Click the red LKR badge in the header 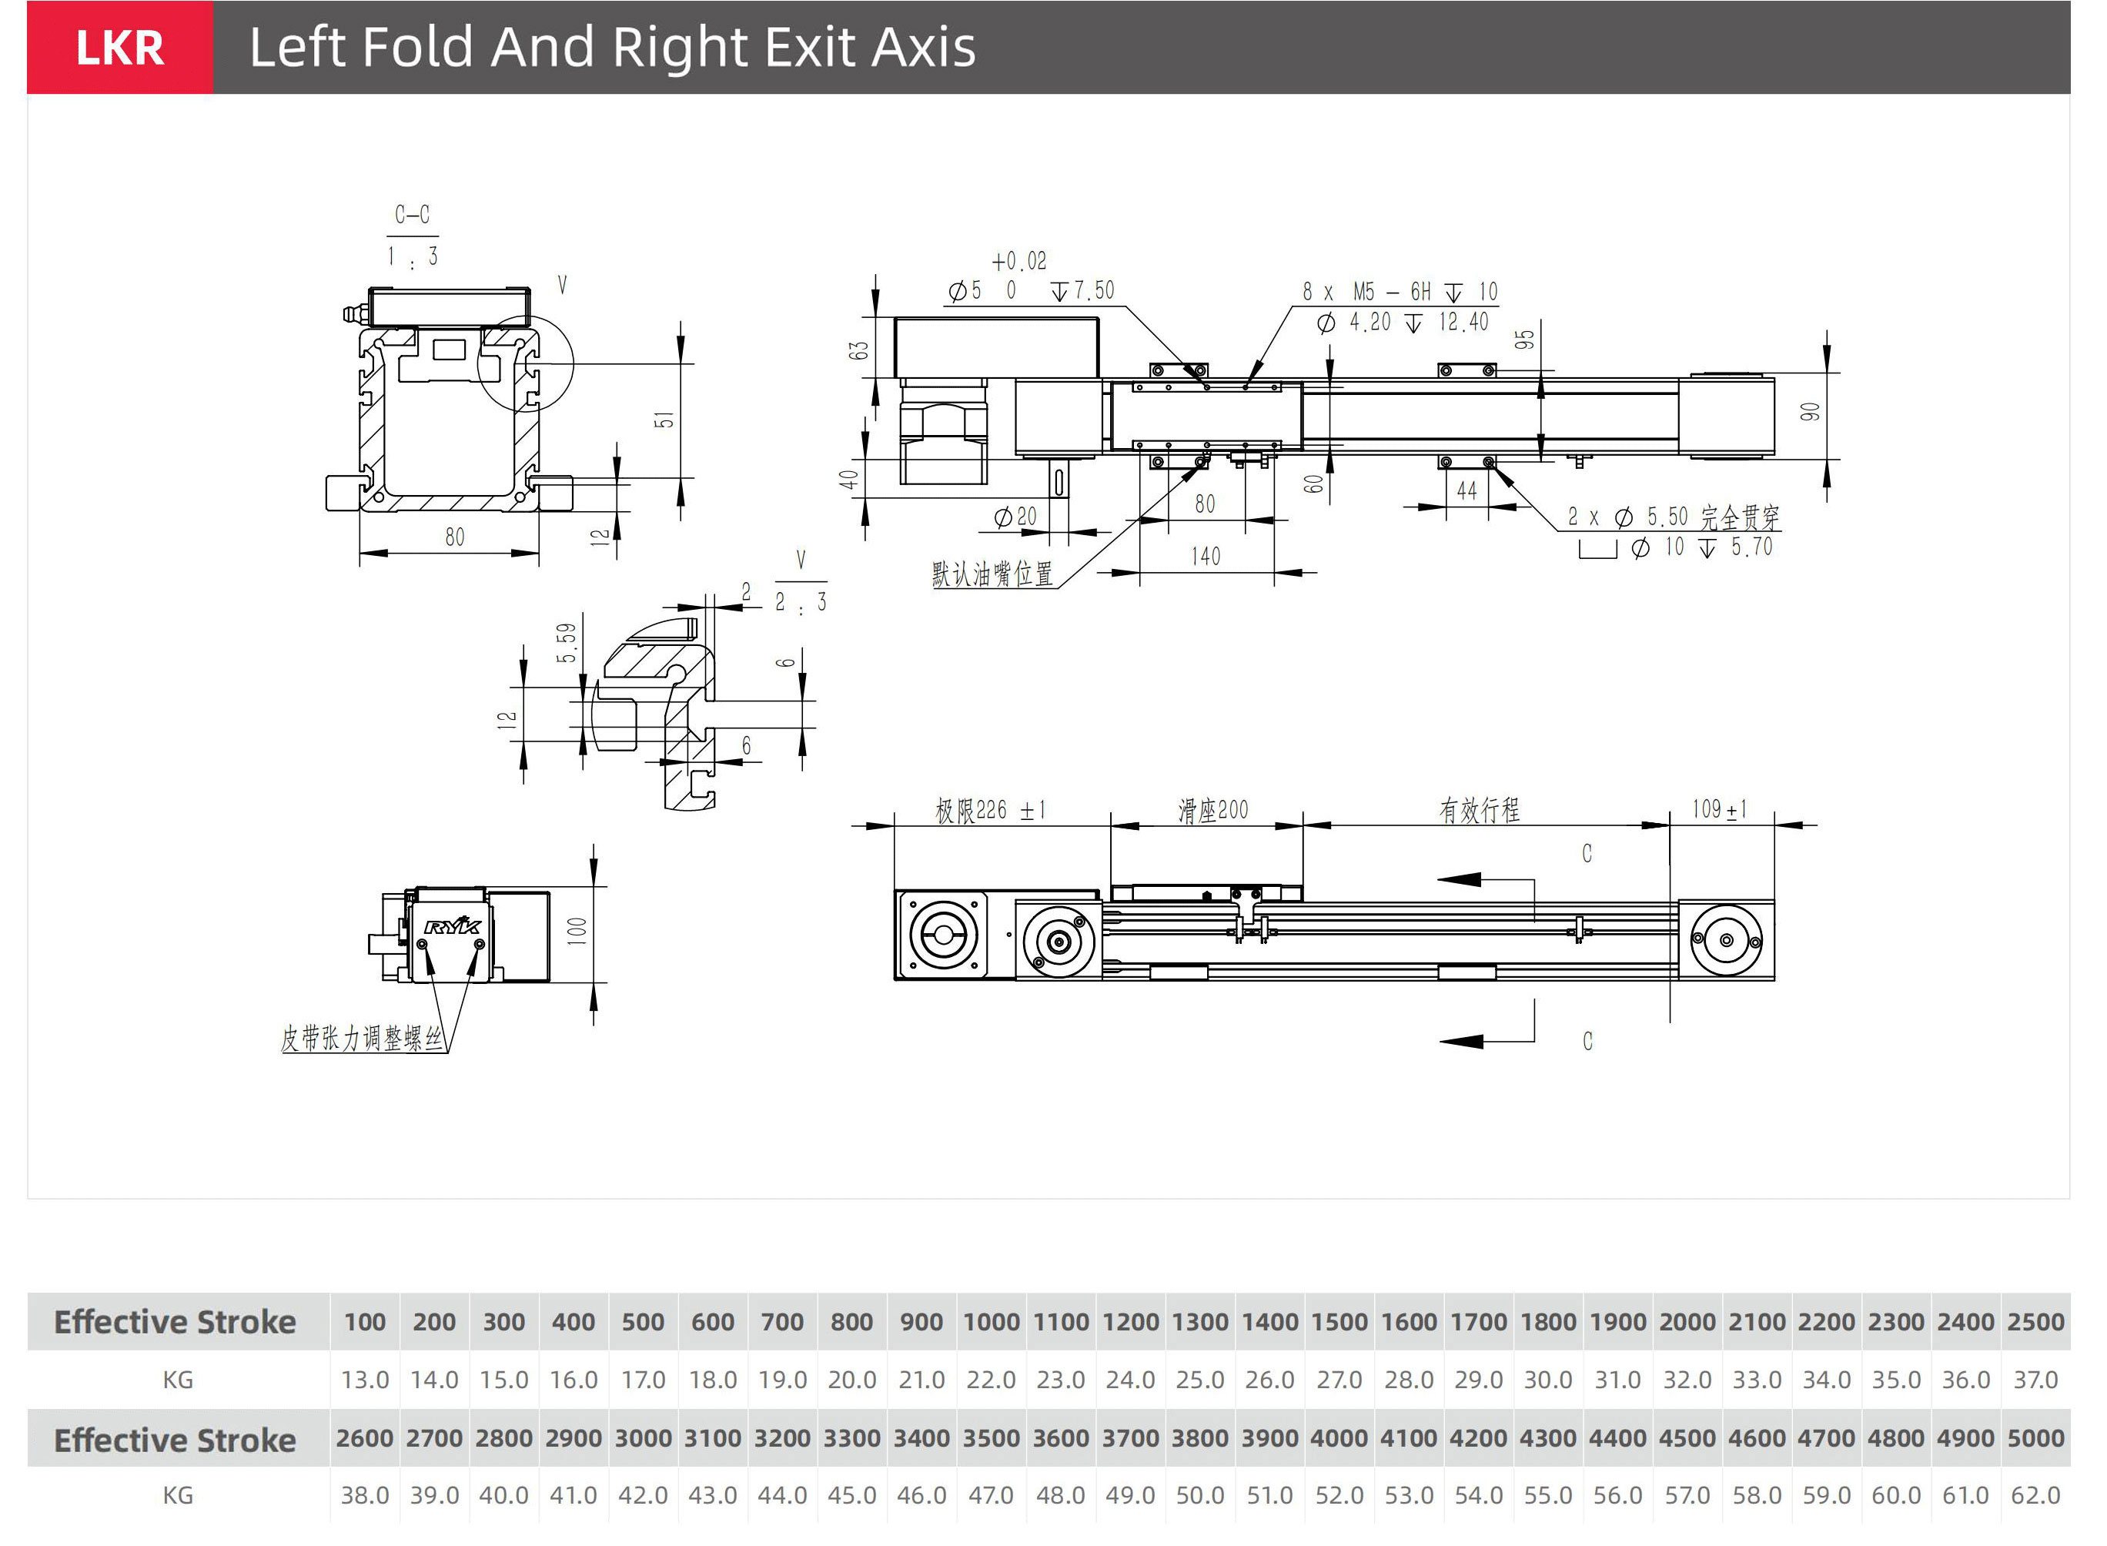click(120, 48)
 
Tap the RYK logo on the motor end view click(453, 926)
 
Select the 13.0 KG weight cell click(365, 1380)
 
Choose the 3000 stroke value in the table click(643, 1437)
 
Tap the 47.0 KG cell click(991, 1495)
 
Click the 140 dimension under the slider click(1206, 557)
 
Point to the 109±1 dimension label click(1720, 808)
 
